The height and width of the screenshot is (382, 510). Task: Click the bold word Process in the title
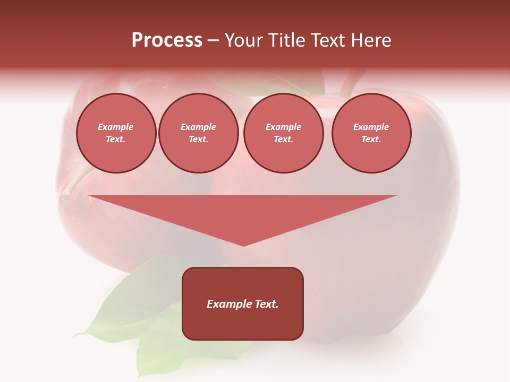tap(167, 40)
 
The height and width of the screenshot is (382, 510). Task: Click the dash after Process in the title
tap(214, 41)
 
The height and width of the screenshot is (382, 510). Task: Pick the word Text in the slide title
tap(328, 40)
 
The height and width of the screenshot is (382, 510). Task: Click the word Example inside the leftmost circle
tap(116, 127)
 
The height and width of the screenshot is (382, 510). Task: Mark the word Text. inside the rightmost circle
tap(371, 140)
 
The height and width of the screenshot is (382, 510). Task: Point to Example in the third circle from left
tap(283, 127)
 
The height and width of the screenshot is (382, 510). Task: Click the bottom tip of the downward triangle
tap(243, 245)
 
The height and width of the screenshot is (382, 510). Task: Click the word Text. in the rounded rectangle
tap(267, 304)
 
